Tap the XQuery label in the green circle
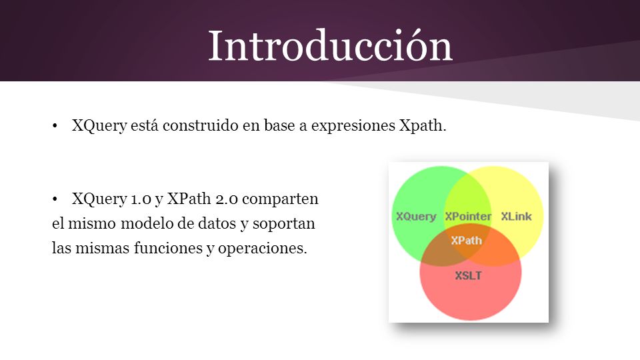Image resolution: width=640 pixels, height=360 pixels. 416,216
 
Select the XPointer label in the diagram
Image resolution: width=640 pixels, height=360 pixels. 468,216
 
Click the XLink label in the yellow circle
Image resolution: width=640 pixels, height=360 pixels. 516,216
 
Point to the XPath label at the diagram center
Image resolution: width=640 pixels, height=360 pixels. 466,241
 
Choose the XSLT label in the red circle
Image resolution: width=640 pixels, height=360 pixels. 468,275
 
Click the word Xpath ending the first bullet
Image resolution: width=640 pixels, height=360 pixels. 423,125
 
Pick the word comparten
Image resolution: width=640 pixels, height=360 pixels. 280,199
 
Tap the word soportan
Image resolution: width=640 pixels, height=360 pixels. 284,224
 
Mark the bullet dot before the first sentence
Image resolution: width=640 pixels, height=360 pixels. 55,126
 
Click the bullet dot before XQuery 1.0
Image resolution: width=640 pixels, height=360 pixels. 55,199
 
